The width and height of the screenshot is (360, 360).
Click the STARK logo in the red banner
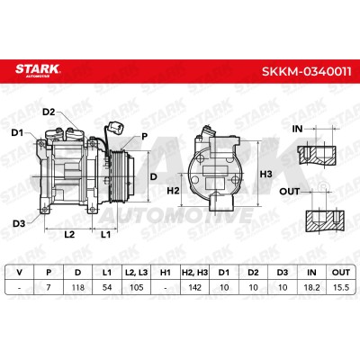point(38,70)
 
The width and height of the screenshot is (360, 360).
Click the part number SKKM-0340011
point(306,72)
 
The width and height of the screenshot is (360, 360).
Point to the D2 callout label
point(49,112)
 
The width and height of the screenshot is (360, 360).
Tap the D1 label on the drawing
point(17,132)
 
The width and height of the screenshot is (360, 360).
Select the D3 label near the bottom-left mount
point(19,223)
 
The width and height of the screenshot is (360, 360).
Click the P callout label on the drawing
point(145,137)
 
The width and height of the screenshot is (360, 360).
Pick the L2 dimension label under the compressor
point(69,234)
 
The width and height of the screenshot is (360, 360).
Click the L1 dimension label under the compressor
point(105,234)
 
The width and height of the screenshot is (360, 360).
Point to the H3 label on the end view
point(265,174)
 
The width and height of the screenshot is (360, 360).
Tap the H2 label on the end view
point(173,190)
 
